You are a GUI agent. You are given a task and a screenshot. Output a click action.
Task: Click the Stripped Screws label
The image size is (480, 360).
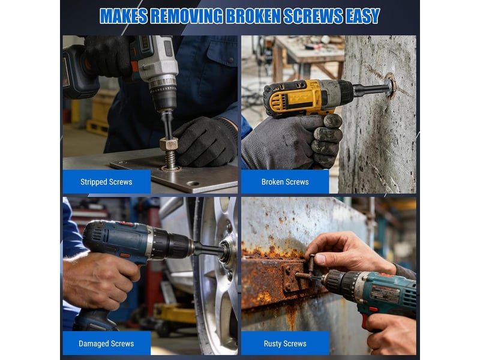click(106, 182)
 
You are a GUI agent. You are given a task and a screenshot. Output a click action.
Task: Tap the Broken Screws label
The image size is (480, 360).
click(285, 182)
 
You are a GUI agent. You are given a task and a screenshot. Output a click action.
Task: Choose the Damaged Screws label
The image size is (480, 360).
click(106, 343)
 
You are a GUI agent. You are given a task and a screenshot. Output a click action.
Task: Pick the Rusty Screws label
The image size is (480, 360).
click(285, 343)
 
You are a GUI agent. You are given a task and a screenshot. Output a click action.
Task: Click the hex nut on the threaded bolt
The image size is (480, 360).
click(169, 143)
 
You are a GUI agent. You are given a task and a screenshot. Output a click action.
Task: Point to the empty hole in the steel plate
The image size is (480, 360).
click(193, 184)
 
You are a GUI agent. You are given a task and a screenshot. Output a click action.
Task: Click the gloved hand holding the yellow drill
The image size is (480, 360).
click(292, 142)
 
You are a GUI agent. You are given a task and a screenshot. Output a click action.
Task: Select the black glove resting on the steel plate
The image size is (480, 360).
click(205, 142)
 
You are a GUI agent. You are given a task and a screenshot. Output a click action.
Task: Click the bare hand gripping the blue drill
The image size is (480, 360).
click(99, 281)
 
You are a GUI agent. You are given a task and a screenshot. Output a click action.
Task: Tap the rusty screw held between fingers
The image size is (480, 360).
click(311, 263)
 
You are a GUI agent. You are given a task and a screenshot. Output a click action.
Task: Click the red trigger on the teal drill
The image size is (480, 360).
click(365, 320)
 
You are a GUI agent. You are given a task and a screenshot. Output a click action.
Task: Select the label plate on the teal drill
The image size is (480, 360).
click(385, 293)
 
